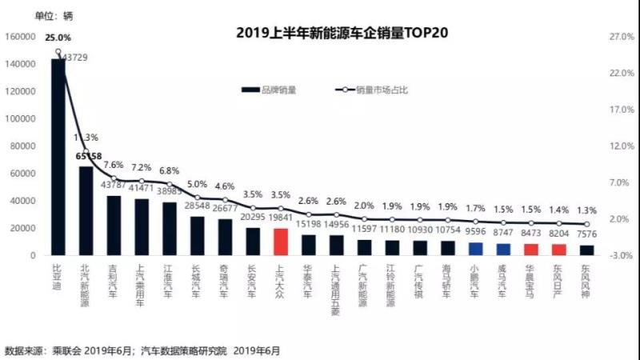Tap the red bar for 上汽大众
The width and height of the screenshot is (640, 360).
(x=280, y=242)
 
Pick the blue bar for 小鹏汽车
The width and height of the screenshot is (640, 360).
(x=475, y=249)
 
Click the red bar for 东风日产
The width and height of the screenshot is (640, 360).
(x=558, y=250)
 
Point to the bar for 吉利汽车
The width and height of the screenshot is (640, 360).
(x=114, y=226)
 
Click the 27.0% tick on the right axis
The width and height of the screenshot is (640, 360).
(x=599, y=36)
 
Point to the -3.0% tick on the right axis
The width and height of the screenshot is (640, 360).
(x=599, y=255)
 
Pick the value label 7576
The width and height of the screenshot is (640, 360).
(x=586, y=236)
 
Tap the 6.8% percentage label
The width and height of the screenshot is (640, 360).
(x=170, y=170)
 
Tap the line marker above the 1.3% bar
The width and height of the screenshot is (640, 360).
(x=586, y=224)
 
